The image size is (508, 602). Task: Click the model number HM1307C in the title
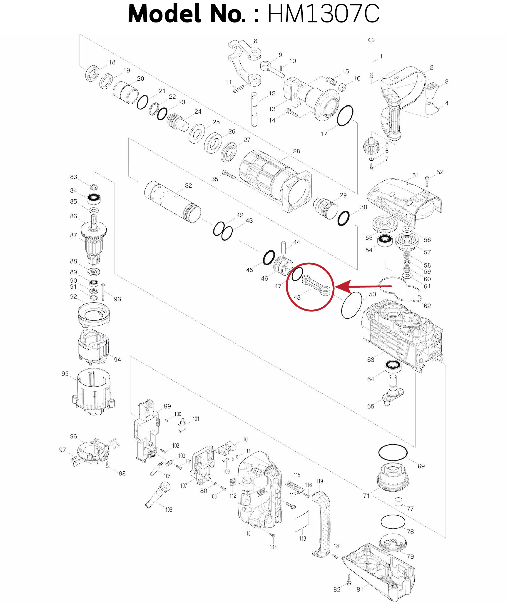[x=323, y=14]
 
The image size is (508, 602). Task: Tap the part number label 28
[x=296, y=151]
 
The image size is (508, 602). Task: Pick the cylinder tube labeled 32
[x=172, y=201]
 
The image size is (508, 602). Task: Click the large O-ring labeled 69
[x=393, y=452]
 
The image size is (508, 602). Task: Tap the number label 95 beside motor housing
[x=65, y=373]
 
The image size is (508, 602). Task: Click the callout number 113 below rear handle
[x=247, y=533]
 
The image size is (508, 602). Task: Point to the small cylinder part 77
[x=398, y=502]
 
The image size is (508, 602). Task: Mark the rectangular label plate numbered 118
[x=302, y=521]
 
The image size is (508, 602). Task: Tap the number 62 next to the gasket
[x=427, y=306]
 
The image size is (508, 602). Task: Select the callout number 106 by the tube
[x=169, y=510]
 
